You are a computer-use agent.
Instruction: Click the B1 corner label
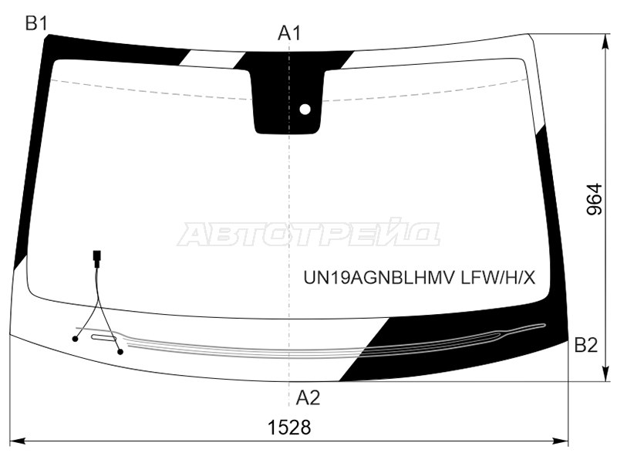(36, 24)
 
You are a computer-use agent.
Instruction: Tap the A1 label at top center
(289, 33)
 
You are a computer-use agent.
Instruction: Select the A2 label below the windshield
(308, 397)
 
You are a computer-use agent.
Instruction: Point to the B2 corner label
(586, 345)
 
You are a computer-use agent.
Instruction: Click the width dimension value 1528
(289, 428)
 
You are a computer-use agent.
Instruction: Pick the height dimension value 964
(594, 199)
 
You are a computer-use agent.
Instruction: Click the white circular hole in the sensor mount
(305, 109)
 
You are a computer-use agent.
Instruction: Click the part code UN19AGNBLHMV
(379, 278)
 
